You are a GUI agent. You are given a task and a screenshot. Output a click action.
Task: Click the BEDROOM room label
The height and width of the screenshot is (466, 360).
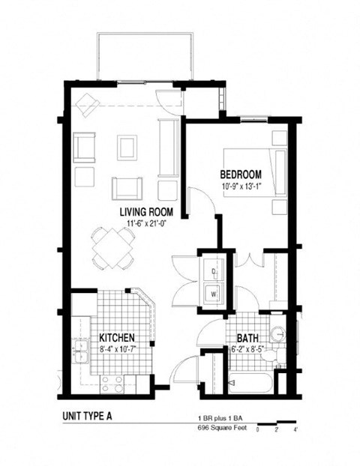pos(240,175)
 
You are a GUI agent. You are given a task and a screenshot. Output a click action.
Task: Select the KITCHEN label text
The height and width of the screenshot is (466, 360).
pos(115,338)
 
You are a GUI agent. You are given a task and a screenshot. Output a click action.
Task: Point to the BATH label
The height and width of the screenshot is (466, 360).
pos(248,338)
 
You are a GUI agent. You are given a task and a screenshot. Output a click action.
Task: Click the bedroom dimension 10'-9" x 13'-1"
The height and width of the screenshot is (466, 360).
pos(240,186)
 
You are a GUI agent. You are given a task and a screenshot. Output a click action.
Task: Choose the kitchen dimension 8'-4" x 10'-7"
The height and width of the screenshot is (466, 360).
pos(115,348)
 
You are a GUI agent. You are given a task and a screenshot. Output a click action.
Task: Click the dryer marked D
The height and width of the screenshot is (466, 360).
pos(214,270)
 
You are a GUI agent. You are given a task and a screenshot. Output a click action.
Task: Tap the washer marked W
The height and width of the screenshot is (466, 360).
pos(214,294)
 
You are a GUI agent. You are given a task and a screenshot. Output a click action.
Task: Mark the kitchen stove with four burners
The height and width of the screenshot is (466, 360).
pos(112,384)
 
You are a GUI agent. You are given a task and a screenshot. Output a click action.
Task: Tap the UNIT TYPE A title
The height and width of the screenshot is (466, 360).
pos(97,416)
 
